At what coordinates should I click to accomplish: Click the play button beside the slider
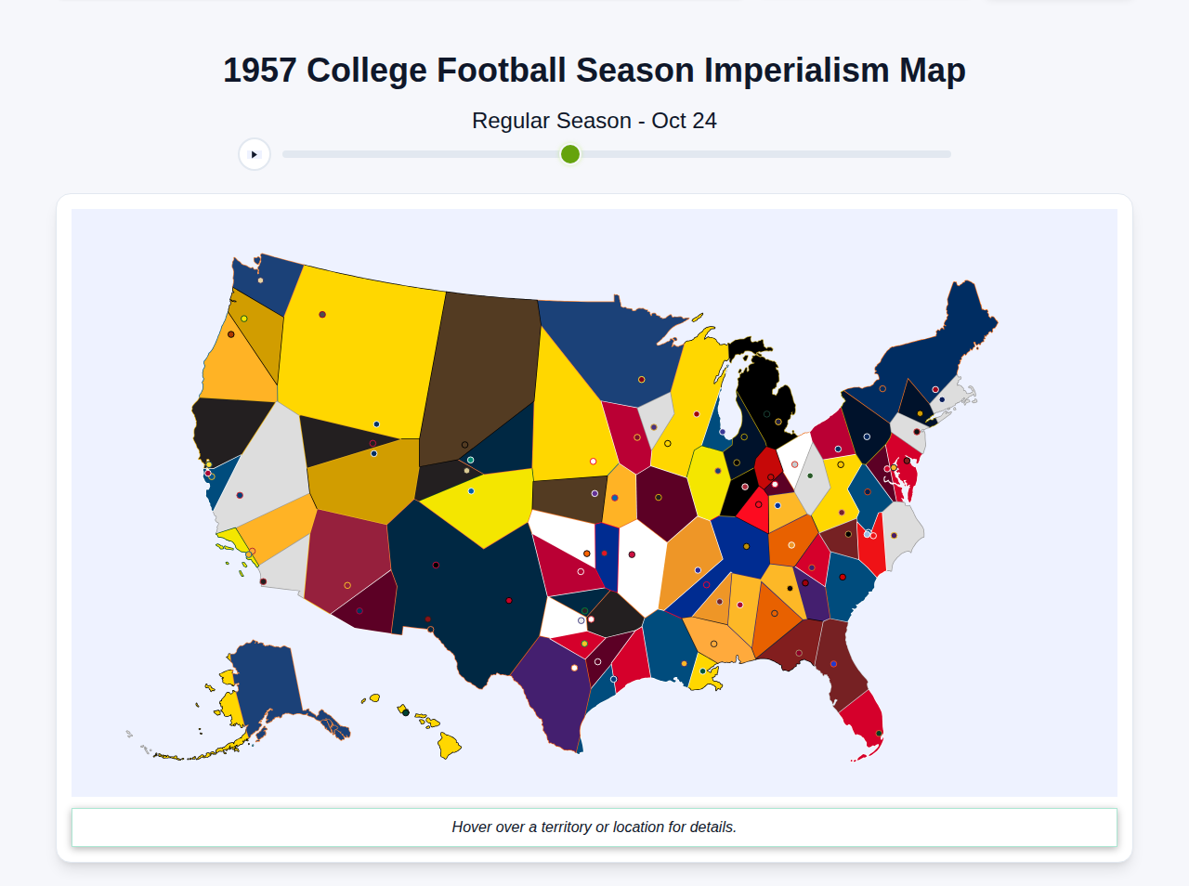click(254, 154)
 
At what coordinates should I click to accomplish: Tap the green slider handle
click(570, 154)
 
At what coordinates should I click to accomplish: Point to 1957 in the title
click(259, 71)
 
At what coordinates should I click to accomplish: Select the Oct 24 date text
click(684, 121)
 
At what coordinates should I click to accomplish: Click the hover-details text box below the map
click(594, 827)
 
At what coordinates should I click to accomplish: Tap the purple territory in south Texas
click(553, 692)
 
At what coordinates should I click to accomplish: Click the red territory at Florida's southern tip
click(864, 720)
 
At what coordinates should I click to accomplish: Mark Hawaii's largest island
click(449, 745)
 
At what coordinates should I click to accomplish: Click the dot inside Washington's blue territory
click(260, 280)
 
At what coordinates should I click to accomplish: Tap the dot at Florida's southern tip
click(879, 734)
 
